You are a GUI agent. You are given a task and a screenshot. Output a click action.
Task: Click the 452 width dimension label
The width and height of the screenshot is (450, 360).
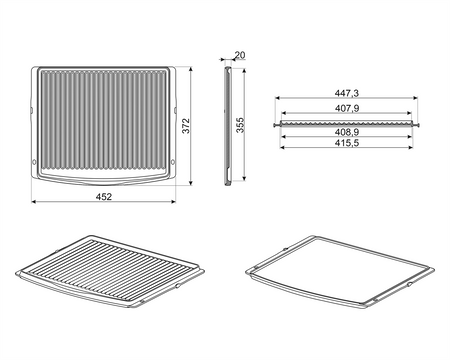click(x=104, y=197)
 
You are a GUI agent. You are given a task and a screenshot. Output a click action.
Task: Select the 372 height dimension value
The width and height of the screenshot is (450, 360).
click(x=186, y=126)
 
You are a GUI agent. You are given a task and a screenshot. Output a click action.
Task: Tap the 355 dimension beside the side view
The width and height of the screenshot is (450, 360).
click(x=240, y=125)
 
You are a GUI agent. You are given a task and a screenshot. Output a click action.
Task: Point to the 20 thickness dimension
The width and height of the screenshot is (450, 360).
click(x=240, y=55)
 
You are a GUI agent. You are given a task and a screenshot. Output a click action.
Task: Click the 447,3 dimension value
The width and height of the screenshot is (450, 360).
click(x=347, y=93)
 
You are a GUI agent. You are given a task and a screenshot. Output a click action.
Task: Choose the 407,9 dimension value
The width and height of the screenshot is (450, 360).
click(x=347, y=108)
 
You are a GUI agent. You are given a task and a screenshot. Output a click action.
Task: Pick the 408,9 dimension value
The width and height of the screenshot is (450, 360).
click(x=347, y=132)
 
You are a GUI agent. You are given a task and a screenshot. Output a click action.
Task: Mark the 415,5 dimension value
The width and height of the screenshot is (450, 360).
click(x=347, y=143)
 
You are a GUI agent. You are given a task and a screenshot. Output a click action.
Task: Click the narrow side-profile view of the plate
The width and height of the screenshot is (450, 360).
click(x=228, y=126)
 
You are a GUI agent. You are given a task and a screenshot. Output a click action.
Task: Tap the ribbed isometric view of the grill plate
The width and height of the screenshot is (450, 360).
click(x=110, y=271)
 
